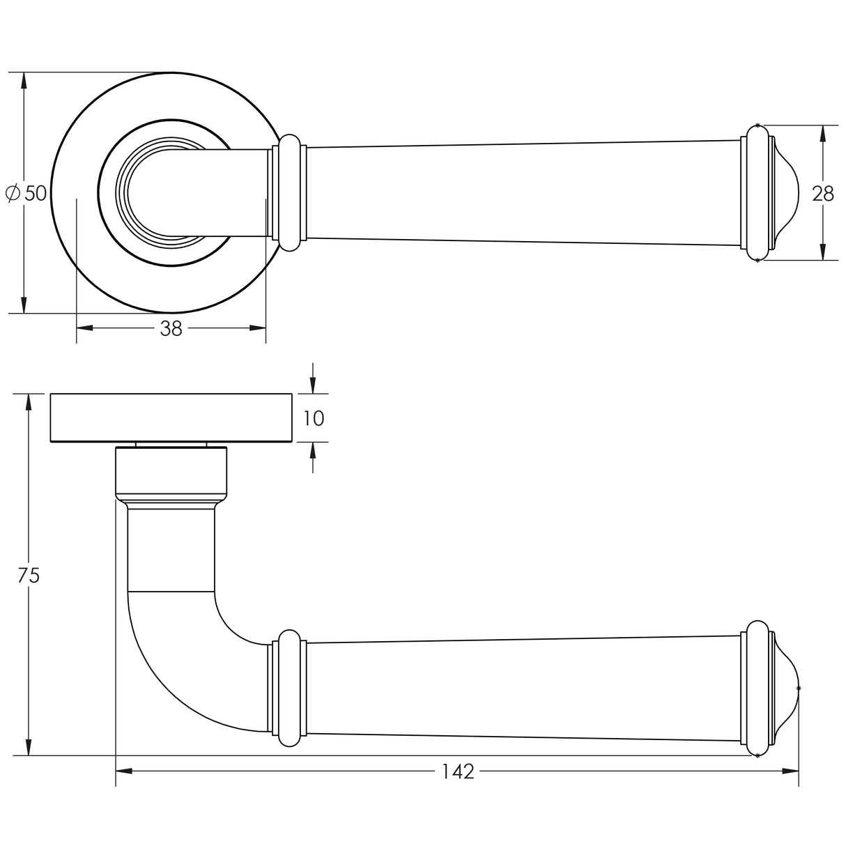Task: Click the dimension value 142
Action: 457,771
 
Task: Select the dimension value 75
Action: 29,576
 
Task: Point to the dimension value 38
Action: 171,329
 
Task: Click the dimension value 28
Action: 823,194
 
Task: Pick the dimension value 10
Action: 314,418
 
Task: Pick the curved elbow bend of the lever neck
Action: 174,669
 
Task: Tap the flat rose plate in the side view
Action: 171,417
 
